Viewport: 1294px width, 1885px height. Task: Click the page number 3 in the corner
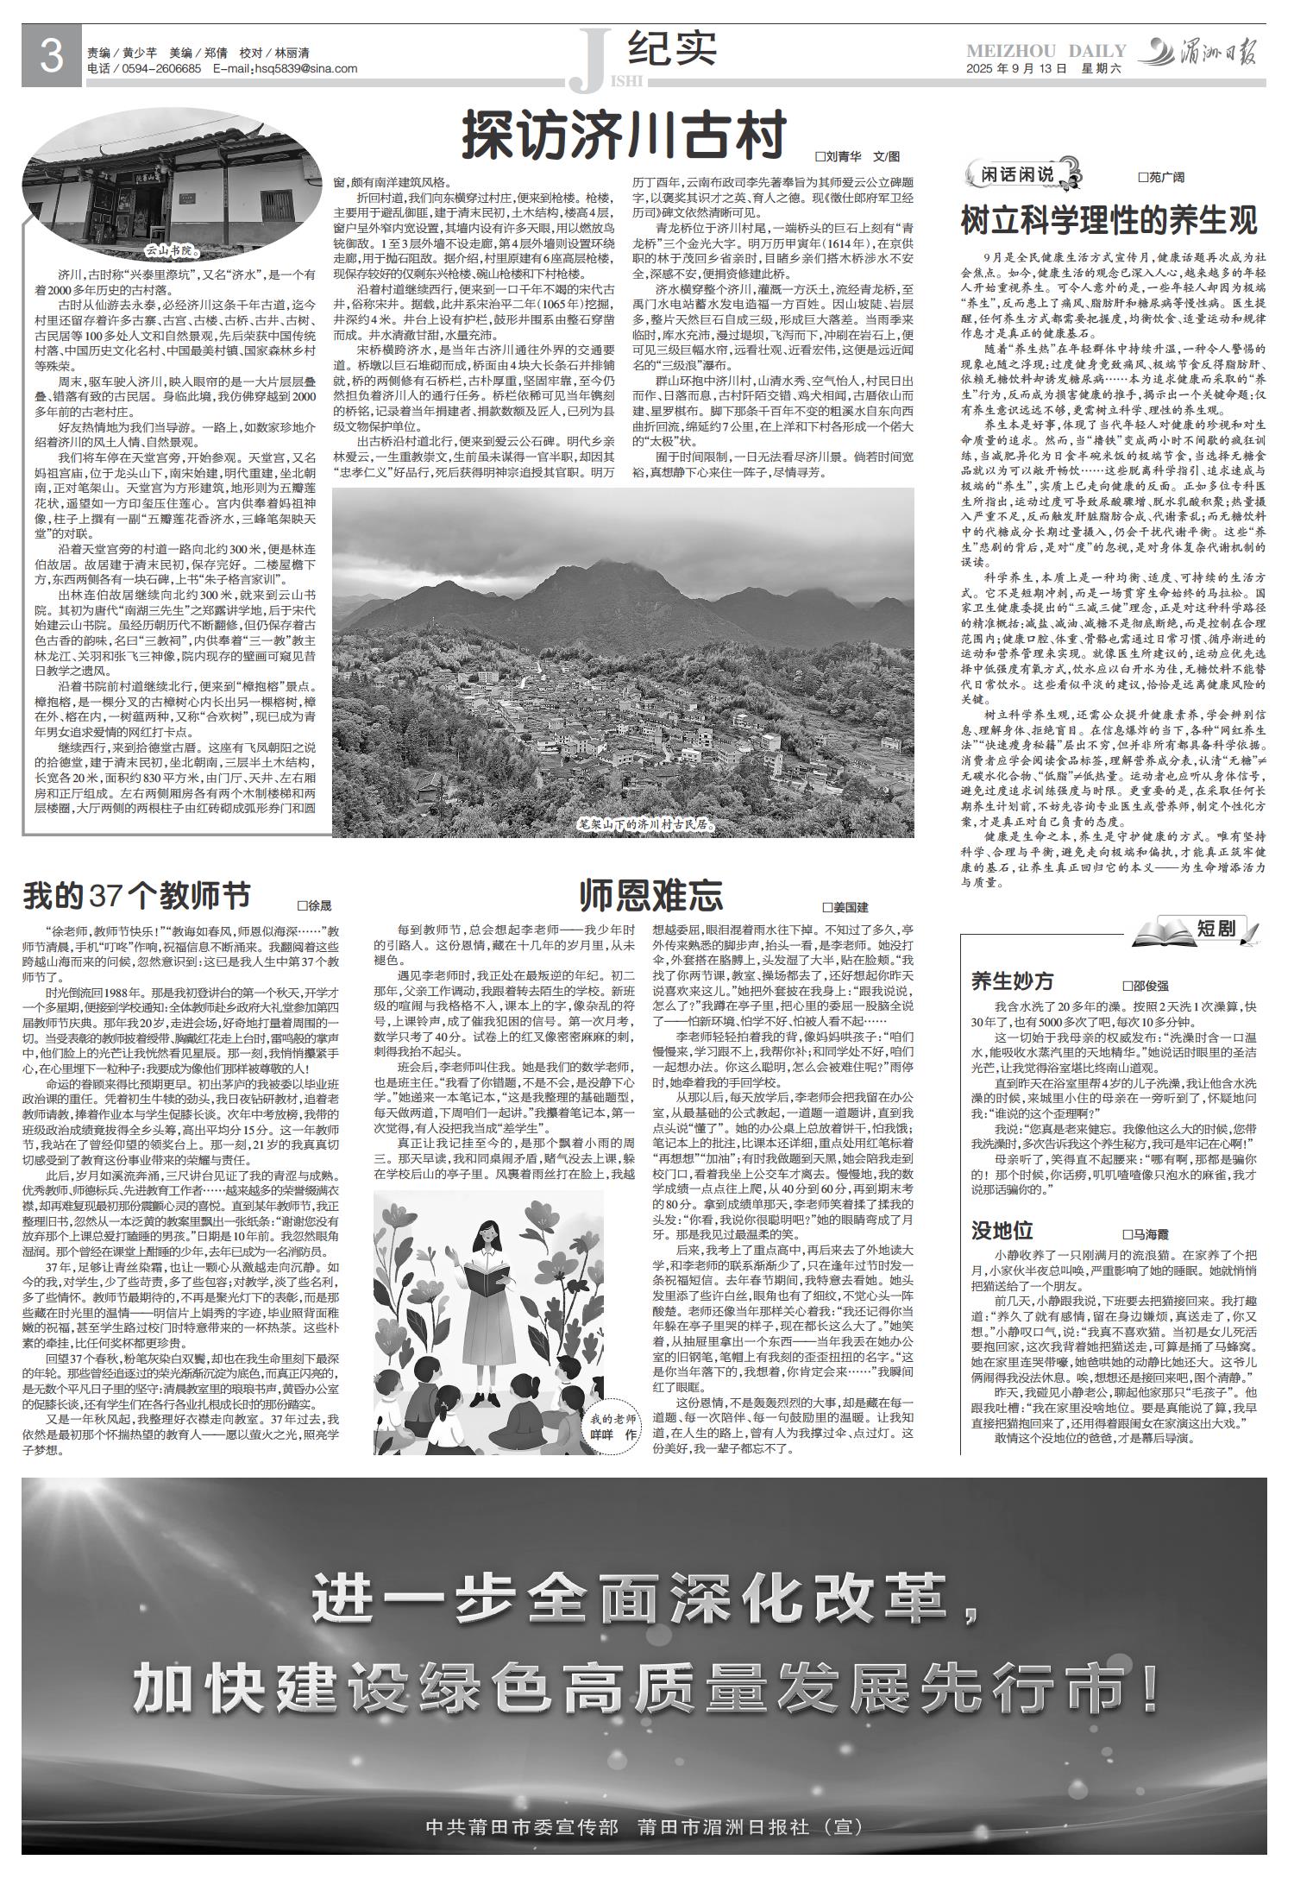tap(52, 58)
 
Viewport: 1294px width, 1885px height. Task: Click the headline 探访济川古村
tap(625, 134)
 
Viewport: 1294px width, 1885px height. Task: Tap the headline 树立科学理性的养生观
tap(1109, 220)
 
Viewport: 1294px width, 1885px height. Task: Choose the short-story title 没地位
tap(1002, 1230)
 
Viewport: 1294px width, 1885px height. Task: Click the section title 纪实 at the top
tap(673, 49)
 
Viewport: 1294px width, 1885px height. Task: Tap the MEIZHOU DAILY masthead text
tap(1046, 51)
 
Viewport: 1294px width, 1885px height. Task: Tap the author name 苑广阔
tap(1160, 177)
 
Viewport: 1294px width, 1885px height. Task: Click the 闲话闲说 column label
tap(1019, 174)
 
